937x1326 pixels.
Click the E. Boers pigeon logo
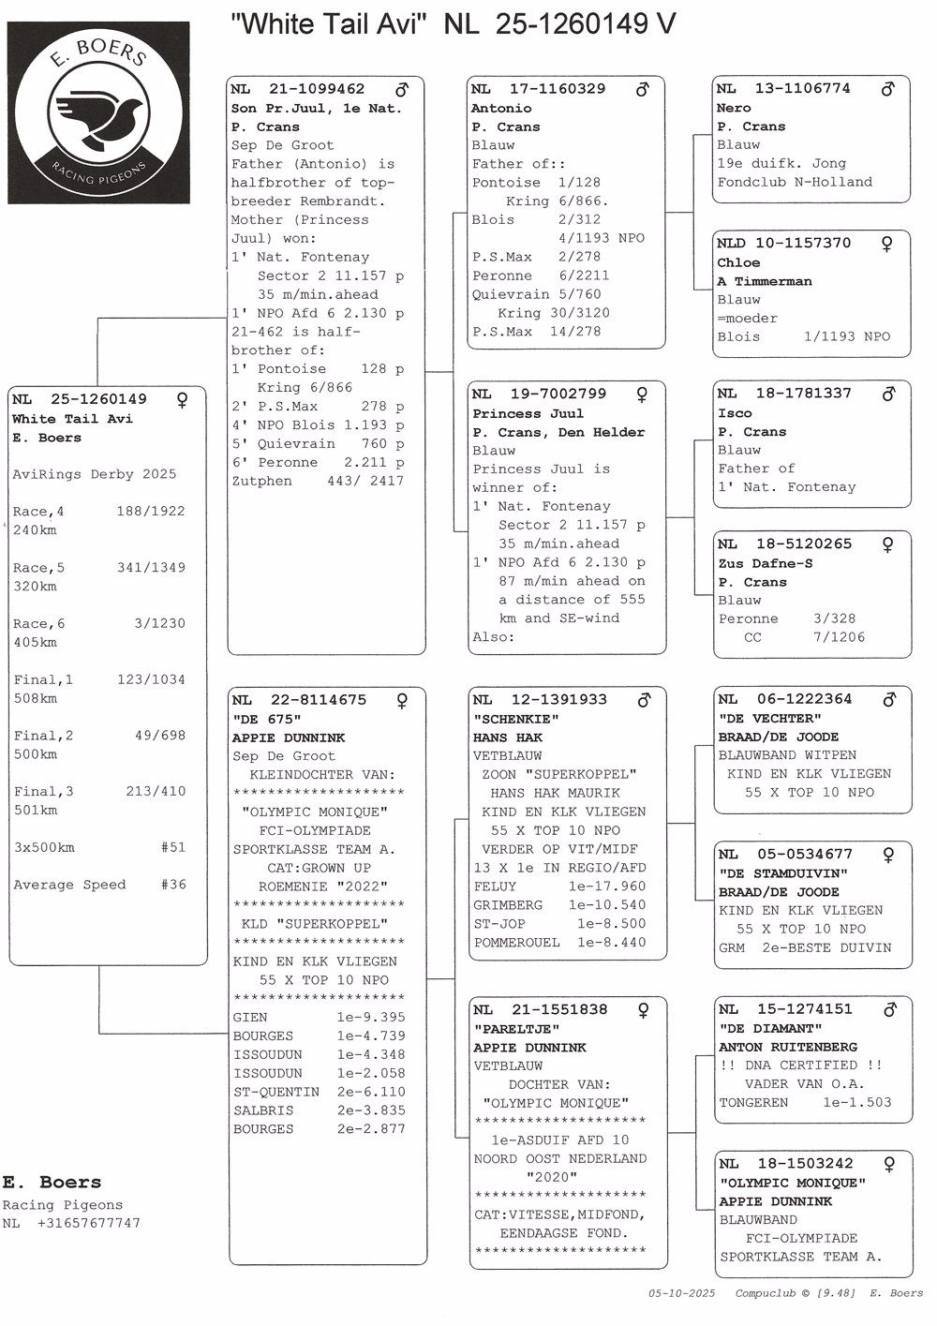(98, 112)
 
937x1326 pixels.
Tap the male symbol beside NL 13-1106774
(887, 89)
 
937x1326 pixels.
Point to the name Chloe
(738, 262)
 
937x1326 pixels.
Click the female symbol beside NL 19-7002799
(642, 395)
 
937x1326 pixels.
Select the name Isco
(735, 412)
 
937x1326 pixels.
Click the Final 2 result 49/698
(160, 736)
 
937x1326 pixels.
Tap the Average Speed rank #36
(173, 885)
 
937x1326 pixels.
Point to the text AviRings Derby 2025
(95, 474)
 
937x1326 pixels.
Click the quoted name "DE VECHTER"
(769, 719)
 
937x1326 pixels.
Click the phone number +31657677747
(89, 1223)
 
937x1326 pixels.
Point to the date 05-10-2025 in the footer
(681, 1293)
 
